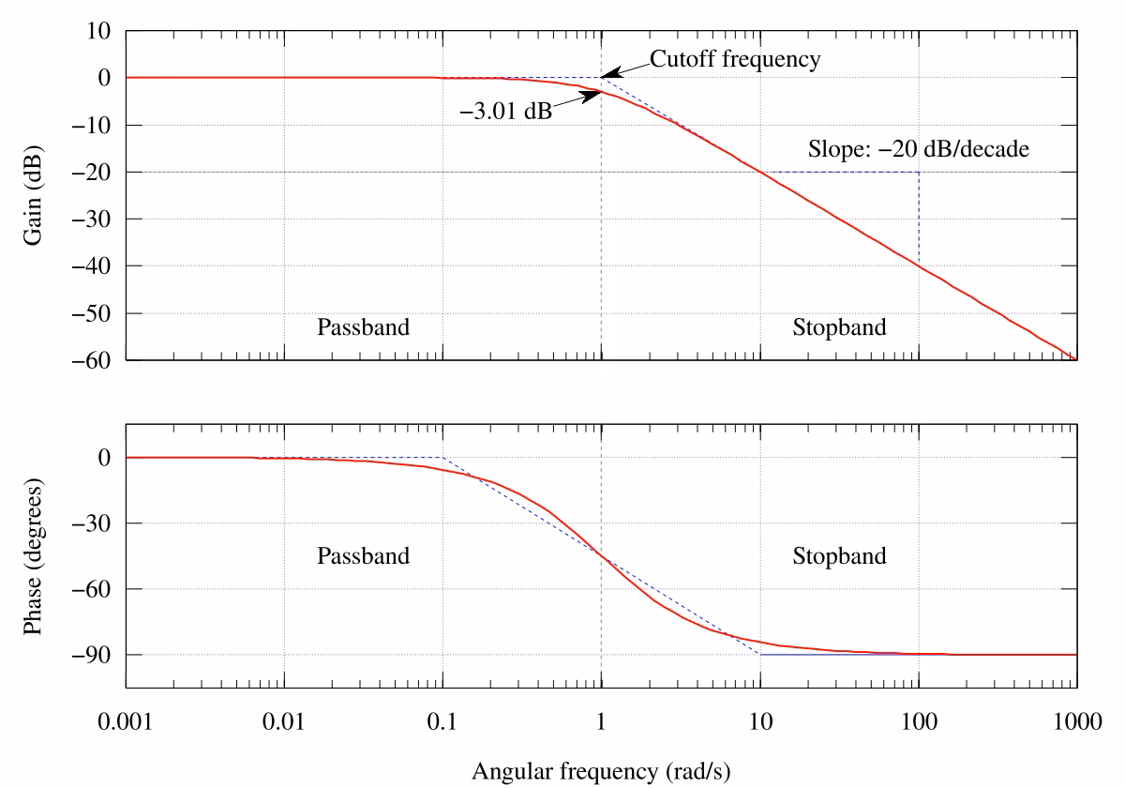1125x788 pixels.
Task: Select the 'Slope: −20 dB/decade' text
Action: point(919,149)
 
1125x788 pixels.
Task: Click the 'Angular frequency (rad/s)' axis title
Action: point(600,771)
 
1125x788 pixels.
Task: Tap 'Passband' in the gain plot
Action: point(364,327)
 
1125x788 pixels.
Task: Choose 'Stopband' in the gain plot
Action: point(839,327)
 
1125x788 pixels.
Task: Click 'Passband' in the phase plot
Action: point(364,555)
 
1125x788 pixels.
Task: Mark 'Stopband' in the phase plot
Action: point(839,555)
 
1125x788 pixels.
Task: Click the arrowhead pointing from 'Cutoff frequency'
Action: point(607,73)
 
